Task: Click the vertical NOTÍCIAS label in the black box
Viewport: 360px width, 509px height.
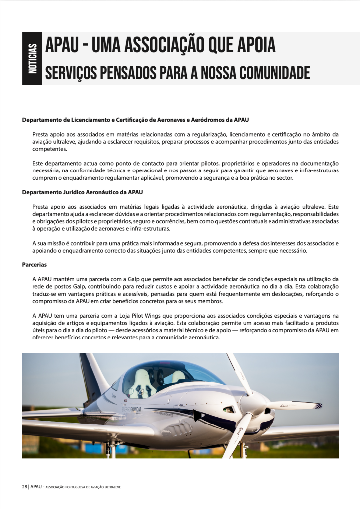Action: tap(32, 59)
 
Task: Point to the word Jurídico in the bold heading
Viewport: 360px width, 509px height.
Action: tap(77, 192)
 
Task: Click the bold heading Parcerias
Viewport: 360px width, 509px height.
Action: tap(35, 265)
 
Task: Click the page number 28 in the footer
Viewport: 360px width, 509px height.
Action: tap(24, 487)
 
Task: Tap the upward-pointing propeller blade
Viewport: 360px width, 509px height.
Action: tap(238, 373)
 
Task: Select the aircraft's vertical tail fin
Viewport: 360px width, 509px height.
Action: tap(93, 375)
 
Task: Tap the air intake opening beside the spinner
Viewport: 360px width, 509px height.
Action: tap(228, 410)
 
